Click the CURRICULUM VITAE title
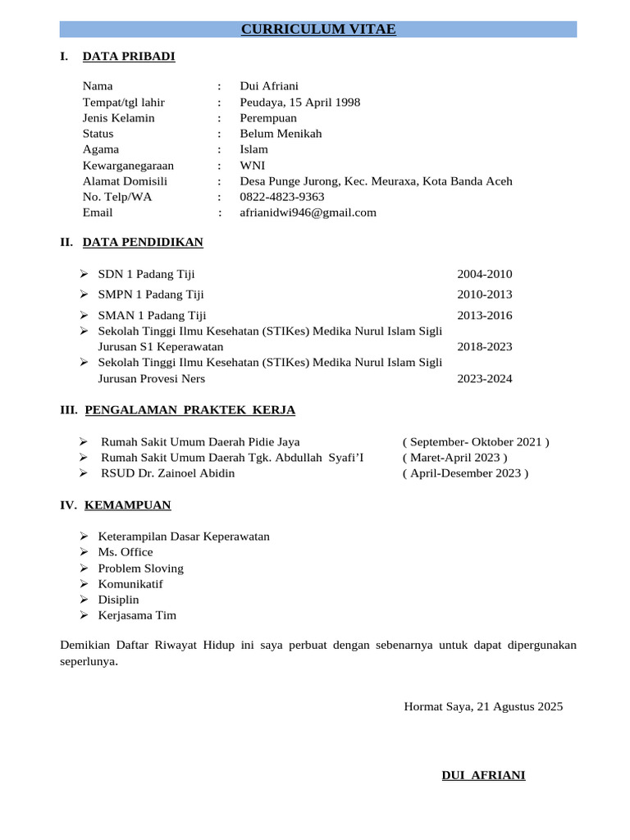pos(318,30)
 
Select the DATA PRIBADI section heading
pos(129,57)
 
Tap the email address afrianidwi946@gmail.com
pos(308,212)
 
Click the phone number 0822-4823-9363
pos(281,197)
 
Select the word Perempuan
pos(268,118)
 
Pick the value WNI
pos(253,166)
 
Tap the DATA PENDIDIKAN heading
pos(143,242)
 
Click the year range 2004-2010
pos(484,274)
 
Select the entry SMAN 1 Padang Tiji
pos(152,315)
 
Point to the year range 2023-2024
pos(484,379)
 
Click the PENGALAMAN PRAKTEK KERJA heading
pos(189,410)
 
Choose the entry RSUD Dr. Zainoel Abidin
pos(167,473)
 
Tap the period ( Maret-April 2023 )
pos(454,458)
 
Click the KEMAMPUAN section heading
pos(127,505)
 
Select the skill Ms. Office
pos(126,552)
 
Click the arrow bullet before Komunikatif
pos(84,584)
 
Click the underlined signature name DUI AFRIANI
pos(483,775)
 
